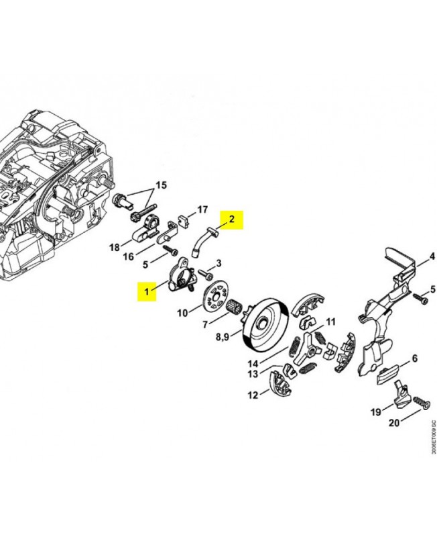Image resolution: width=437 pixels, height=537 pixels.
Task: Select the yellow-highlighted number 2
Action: (x=232, y=219)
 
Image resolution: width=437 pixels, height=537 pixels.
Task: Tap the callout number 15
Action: (x=161, y=185)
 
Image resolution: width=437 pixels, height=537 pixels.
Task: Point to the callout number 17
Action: (x=202, y=209)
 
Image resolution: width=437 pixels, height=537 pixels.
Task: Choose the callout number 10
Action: (x=182, y=313)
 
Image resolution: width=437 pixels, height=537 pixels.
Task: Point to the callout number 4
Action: (x=432, y=256)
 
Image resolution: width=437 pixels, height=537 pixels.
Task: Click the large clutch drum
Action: (x=267, y=325)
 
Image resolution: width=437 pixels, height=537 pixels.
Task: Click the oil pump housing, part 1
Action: (x=178, y=277)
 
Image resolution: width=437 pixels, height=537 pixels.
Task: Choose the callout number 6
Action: (x=415, y=359)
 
